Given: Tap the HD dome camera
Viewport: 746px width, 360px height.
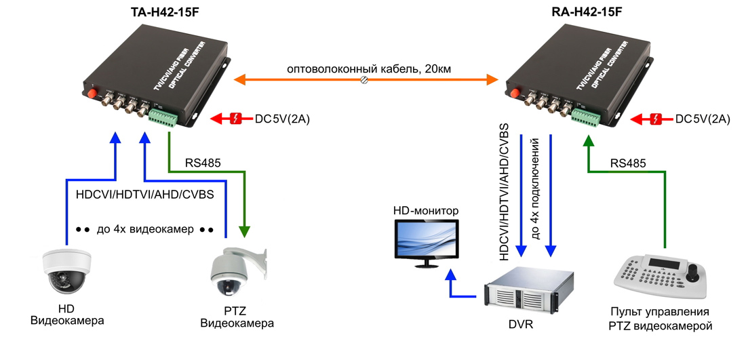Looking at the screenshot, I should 66,271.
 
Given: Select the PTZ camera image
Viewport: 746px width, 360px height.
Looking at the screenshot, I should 234,272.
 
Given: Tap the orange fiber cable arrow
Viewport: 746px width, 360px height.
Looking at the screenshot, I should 366,81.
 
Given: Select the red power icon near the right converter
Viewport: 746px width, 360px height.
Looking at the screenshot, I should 657,119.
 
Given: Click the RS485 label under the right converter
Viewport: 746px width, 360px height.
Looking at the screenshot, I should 627,163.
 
